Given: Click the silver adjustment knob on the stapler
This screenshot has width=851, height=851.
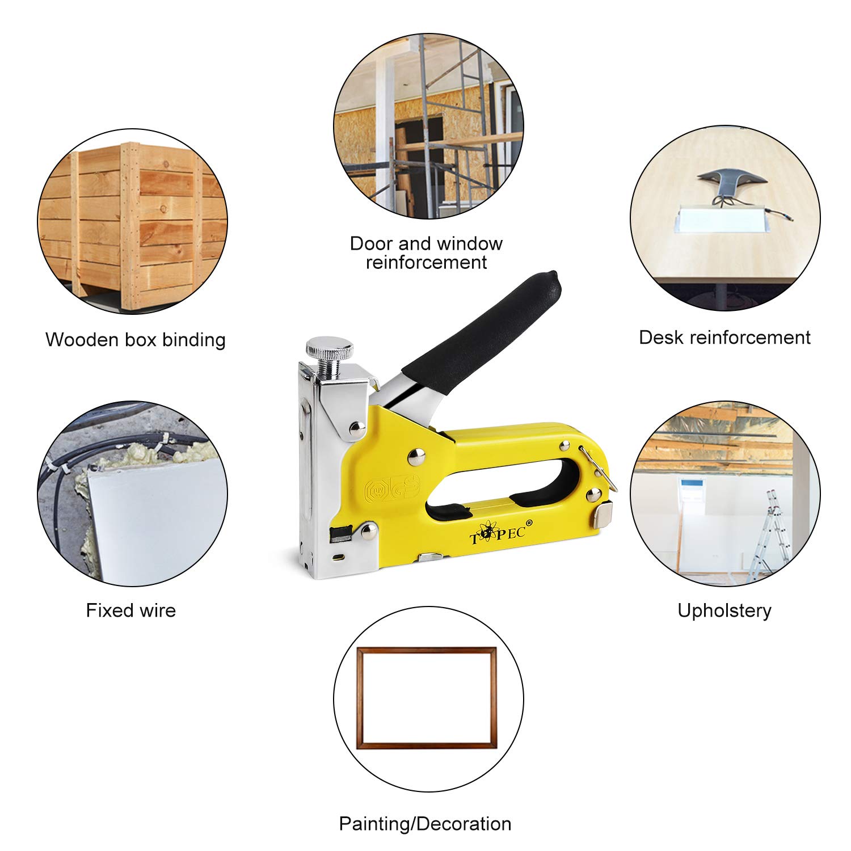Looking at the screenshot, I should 328,348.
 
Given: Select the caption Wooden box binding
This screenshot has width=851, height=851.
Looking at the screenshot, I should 136,340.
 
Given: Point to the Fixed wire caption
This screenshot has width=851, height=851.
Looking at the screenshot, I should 131,610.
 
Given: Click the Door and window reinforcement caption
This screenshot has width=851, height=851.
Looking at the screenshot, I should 426,252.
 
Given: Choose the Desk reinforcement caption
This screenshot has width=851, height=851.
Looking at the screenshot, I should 724,338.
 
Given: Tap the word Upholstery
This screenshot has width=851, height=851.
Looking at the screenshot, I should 724,610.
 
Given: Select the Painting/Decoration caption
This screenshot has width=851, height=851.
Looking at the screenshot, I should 425,823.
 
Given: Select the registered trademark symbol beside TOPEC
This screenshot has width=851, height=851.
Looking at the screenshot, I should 529,522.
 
